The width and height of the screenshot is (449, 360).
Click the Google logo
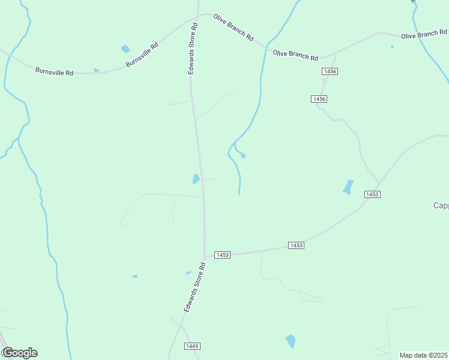tap(19, 353)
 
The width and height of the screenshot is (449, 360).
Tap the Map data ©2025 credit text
tap(424, 355)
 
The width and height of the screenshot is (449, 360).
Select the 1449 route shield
tap(192, 346)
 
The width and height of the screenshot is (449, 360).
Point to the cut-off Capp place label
tap(441, 205)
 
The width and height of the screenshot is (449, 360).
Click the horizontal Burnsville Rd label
tap(54, 72)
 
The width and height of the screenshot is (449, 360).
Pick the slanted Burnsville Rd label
tap(142, 55)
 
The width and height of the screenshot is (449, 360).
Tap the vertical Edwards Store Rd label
tap(193, 49)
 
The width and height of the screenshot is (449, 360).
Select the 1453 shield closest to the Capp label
tap(372, 194)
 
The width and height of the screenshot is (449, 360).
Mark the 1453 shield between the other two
tap(296, 245)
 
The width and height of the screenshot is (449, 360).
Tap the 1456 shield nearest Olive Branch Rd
tap(330, 71)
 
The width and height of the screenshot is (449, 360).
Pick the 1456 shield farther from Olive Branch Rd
tap(319, 98)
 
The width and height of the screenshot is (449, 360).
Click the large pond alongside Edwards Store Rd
tap(196, 179)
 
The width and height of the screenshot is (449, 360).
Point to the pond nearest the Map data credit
tap(291, 341)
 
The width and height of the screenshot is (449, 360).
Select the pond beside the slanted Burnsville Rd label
tap(125, 49)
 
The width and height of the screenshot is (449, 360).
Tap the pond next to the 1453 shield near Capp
tap(348, 187)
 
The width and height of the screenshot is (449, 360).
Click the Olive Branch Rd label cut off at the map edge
tap(424, 35)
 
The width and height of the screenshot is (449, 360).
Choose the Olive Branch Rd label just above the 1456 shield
tap(295, 55)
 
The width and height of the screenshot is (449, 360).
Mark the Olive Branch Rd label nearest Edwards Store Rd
tap(233, 26)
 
